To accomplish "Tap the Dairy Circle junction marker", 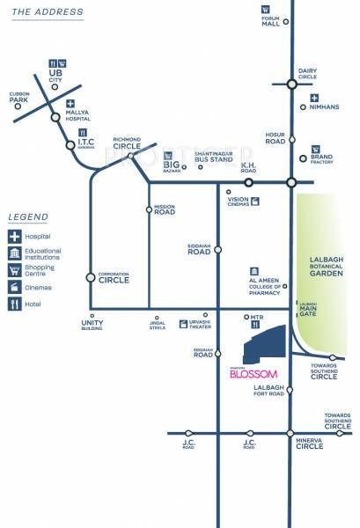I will pyautogui.click(x=291, y=84).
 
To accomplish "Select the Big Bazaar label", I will pyautogui.click(x=172, y=165).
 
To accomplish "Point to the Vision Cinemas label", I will pyautogui.click(x=239, y=201).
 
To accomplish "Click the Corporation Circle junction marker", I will pyautogui.click(x=91, y=277).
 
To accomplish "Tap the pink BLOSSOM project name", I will pyautogui.click(x=253, y=373).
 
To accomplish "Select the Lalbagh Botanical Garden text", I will pyautogui.click(x=327, y=267).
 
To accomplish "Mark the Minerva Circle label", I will pyautogui.click(x=310, y=444).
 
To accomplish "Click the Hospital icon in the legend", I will pyautogui.click(x=15, y=237).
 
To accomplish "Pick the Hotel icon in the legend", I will pyautogui.click(x=15, y=304).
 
